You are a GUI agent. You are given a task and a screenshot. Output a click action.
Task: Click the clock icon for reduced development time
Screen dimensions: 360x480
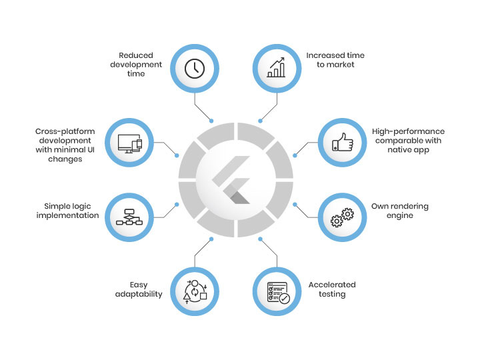(194, 69)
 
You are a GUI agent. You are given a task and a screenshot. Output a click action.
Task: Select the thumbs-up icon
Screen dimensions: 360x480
(341, 143)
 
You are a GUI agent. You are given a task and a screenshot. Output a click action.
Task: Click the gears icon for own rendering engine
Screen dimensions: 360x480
(341, 217)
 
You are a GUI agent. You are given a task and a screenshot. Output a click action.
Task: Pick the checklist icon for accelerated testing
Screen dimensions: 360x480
(277, 291)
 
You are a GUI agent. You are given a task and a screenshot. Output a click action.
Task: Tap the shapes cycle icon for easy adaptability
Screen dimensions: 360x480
(195, 292)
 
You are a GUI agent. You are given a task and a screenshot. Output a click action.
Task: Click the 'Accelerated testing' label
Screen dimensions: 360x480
(332, 289)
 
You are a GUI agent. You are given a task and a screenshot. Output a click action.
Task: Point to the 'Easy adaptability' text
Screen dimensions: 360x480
(139, 289)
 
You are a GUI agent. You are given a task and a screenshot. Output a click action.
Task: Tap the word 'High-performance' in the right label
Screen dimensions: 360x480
(408, 131)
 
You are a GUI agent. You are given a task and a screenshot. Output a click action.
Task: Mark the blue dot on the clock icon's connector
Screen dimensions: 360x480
(211, 121)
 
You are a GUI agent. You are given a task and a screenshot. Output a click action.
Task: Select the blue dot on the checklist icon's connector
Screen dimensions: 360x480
(261, 239)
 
